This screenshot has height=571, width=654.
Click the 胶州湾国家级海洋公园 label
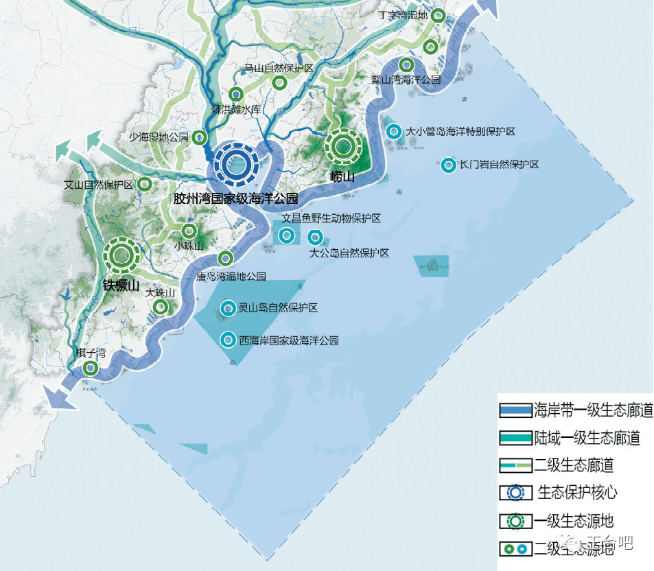(x=235, y=199)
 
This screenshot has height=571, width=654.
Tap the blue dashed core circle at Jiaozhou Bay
(x=235, y=164)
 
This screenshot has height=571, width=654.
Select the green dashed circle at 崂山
(x=342, y=146)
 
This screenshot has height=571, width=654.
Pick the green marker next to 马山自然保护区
(x=279, y=83)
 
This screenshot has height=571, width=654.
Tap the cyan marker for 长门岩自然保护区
(x=448, y=165)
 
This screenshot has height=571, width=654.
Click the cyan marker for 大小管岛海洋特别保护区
(x=394, y=131)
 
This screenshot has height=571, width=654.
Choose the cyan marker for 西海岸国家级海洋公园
(x=228, y=339)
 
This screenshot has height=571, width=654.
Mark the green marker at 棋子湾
(x=89, y=369)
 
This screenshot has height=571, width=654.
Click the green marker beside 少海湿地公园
(x=199, y=137)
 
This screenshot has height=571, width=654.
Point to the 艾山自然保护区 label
(x=98, y=185)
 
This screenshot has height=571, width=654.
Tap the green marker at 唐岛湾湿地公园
(x=224, y=259)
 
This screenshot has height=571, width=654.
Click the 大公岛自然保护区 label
(x=349, y=253)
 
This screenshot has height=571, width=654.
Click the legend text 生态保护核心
(x=577, y=493)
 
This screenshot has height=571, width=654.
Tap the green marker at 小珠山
(x=188, y=231)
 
